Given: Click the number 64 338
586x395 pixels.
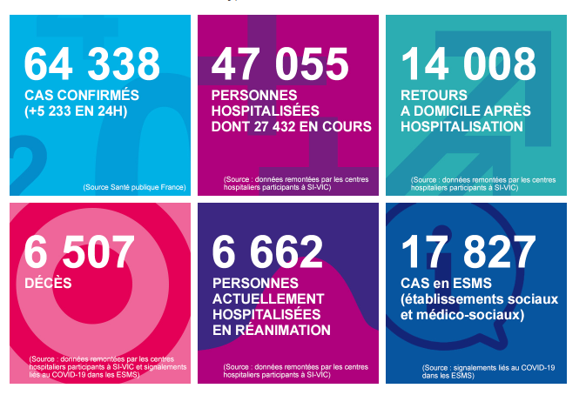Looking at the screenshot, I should (92, 64).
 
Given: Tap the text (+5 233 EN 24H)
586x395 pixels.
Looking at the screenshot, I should (77, 110).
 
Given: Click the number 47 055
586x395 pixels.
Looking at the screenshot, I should (280, 64).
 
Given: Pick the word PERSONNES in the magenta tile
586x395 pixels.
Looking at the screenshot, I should (254, 95).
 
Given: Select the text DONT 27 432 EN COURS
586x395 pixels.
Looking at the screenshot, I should (292, 126).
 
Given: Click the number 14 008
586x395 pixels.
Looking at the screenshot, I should (468, 64).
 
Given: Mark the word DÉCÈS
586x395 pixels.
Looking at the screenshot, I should (48, 283).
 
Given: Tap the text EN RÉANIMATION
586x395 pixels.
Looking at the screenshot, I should (272, 330).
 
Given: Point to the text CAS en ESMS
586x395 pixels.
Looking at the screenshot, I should (444, 283).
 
